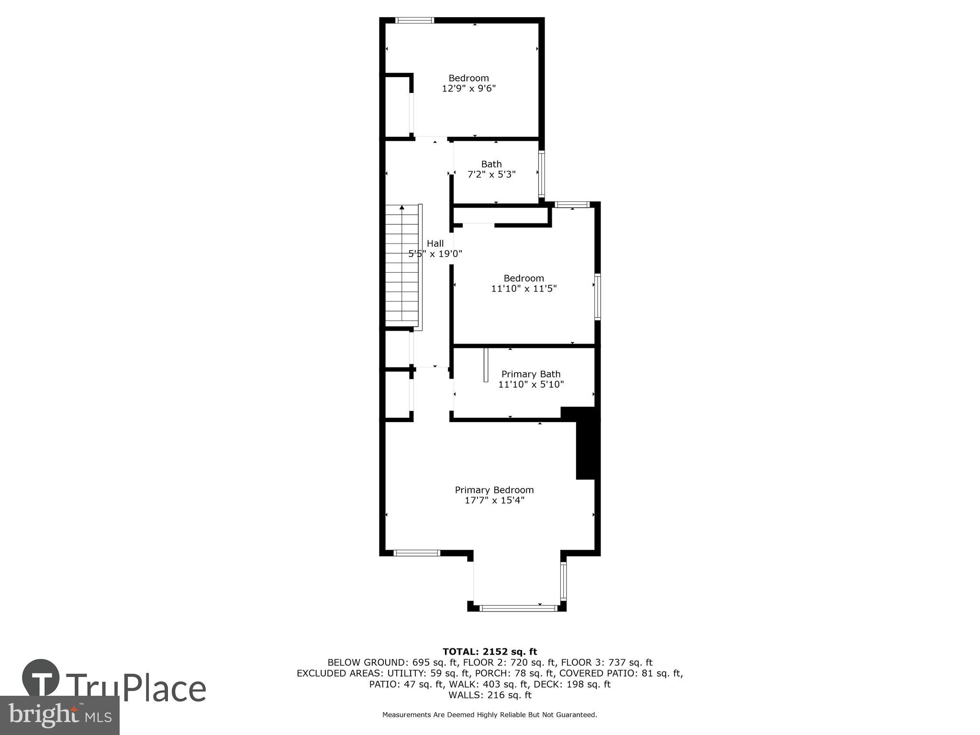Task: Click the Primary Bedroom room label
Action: click(494, 490)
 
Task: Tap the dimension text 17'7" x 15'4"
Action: click(494, 501)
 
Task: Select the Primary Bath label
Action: click(531, 374)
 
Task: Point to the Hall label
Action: click(435, 244)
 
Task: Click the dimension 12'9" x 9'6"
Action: click(468, 89)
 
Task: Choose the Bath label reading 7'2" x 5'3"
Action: click(491, 169)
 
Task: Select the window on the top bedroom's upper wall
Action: click(415, 20)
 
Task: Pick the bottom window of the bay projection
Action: click(519, 608)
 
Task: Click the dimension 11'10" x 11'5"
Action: click(524, 289)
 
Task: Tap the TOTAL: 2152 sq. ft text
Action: click(490, 651)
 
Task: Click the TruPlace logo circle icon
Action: click(41, 678)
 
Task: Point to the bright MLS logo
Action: click(59, 715)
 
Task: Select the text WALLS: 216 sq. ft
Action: click(490, 695)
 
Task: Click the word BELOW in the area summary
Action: click(343, 662)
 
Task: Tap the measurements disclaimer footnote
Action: click(490, 715)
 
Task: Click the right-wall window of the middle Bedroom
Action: click(597, 297)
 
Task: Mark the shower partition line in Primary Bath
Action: click(486, 365)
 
